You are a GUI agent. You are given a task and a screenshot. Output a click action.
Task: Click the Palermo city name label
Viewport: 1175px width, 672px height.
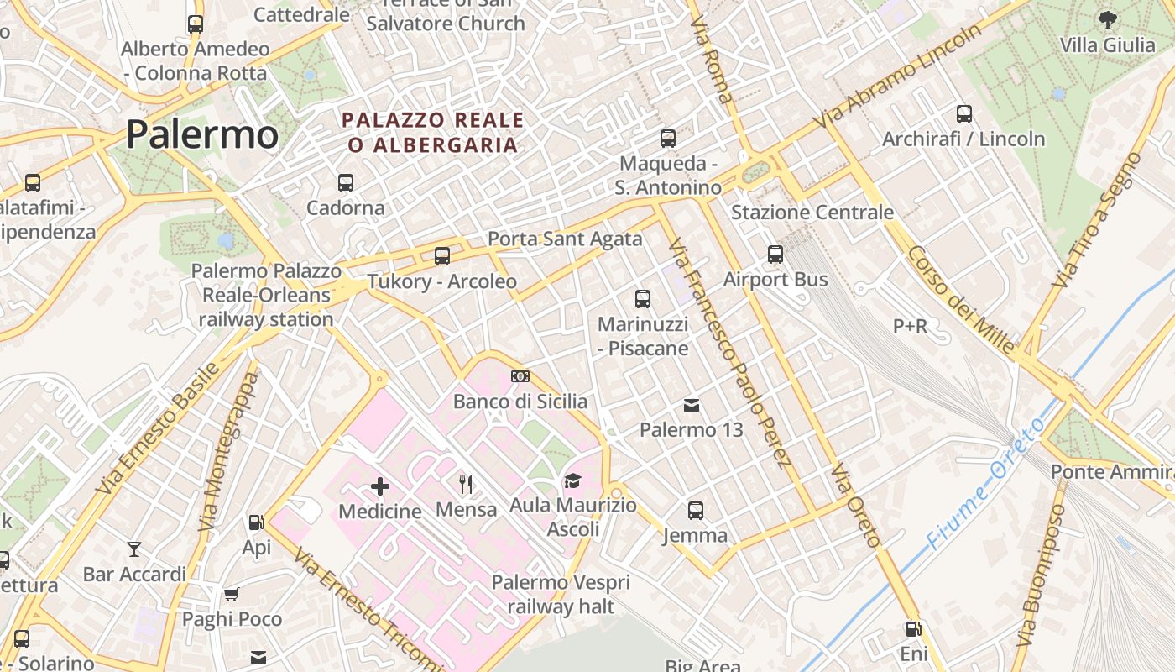coord(202,134)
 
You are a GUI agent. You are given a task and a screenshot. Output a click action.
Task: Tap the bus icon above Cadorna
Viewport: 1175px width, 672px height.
coord(345,182)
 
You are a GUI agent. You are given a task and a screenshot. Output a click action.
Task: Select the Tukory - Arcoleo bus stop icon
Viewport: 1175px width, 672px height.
coord(441,256)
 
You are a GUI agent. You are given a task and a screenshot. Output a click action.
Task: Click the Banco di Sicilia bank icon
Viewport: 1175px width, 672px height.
coord(520,376)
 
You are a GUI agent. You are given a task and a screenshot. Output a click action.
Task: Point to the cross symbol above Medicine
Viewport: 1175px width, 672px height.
coord(380,486)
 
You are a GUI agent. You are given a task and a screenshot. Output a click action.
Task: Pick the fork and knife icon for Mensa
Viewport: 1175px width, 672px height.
coord(466,484)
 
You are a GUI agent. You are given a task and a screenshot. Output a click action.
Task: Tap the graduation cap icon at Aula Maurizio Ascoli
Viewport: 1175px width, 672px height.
coord(572,480)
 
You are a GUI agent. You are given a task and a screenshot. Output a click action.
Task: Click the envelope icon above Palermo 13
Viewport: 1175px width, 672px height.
coord(692,406)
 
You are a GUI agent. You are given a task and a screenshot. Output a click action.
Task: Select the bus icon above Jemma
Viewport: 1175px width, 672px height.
coord(695,510)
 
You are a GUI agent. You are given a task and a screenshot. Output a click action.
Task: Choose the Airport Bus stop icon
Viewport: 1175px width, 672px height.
coord(775,254)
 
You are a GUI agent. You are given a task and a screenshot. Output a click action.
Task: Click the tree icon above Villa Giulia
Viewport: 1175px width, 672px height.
coord(1107,18)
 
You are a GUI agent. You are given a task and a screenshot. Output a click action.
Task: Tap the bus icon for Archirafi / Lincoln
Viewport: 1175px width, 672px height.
coord(963,113)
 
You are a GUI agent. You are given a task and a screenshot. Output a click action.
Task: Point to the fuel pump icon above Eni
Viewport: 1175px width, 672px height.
coord(913,628)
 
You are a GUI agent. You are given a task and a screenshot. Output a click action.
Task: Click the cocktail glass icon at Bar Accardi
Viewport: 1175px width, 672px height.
coord(134,549)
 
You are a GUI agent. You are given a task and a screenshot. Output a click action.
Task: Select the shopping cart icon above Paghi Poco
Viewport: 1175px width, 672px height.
coord(232,595)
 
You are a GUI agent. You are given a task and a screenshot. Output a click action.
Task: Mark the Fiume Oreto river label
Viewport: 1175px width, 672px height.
coord(985,485)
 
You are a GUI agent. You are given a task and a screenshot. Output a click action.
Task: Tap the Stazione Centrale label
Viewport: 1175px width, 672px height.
coord(812,213)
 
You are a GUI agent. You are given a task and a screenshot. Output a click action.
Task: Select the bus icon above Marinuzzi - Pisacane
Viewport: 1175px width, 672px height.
coord(643,298)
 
